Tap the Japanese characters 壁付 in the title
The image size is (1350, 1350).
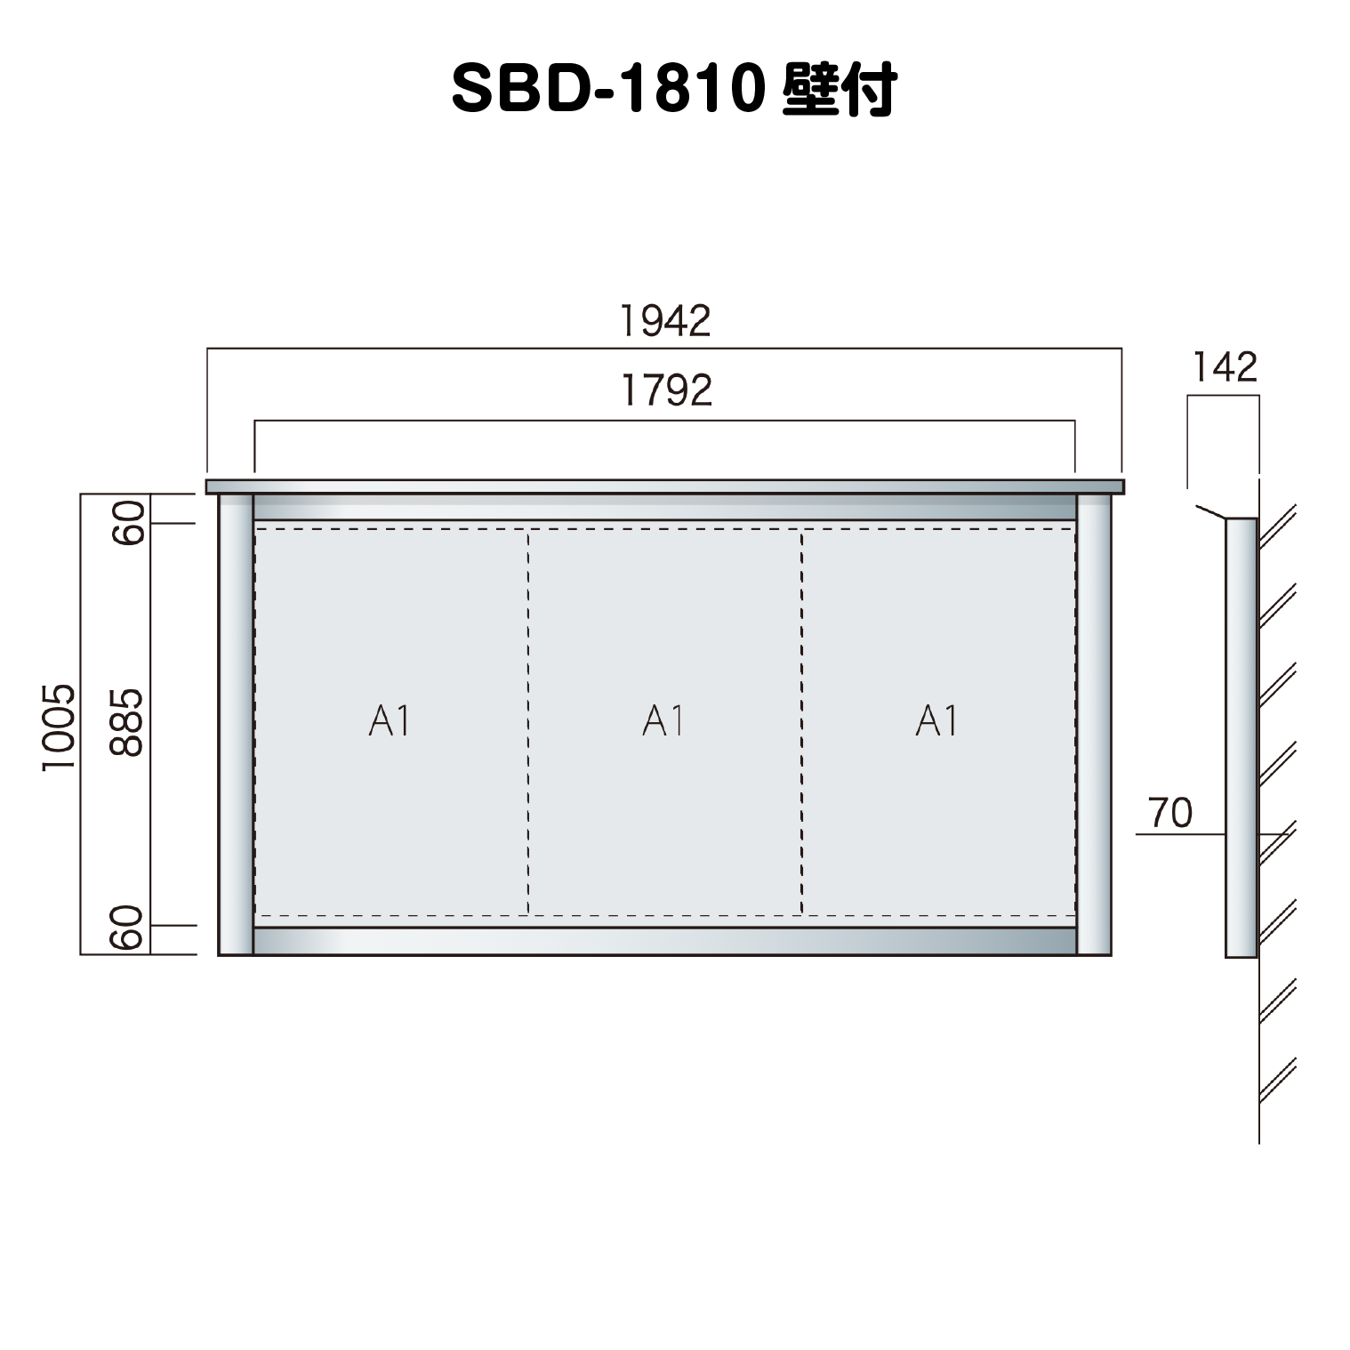tap(840, 89)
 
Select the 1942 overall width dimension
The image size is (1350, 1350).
tap(665, 321)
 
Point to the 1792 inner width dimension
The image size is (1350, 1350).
tap(666, 390)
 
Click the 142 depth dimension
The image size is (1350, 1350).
tap(1225, 367)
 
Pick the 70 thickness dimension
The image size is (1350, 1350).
tap(1170, 813)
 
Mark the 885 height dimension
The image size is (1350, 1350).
tap(126, 722)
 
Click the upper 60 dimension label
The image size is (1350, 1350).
tap(128, 523)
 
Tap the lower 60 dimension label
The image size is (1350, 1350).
tap(128, 928)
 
